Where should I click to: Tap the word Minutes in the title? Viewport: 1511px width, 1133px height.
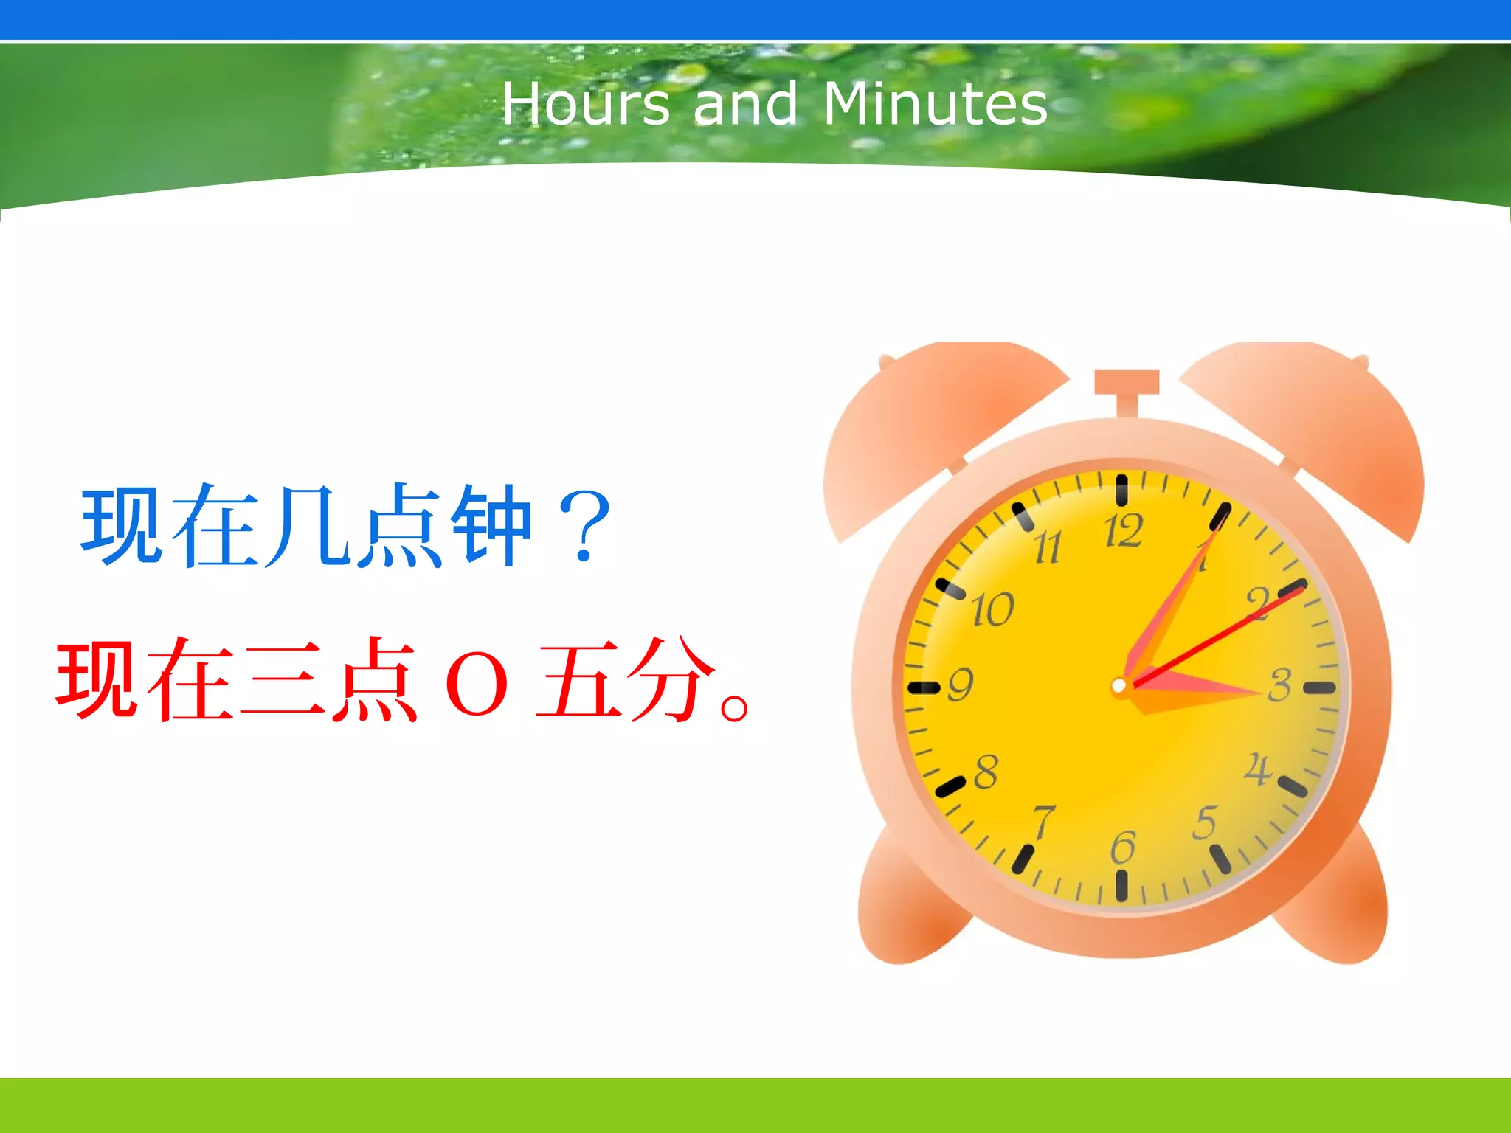935,104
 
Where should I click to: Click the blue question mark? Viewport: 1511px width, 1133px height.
584,527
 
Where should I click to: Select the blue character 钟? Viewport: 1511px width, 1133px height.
491,527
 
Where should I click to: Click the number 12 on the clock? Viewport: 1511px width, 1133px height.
1123,531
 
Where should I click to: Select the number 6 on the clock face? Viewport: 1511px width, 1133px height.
1123,847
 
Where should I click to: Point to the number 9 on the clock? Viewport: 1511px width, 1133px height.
960,685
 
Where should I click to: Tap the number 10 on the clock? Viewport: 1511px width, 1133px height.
992,610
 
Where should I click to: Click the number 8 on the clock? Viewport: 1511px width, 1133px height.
986,772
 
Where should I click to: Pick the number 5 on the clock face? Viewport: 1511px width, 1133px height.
1205,822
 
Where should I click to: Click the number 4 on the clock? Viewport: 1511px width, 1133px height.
1258,769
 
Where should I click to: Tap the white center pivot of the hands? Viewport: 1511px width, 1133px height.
1118,687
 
